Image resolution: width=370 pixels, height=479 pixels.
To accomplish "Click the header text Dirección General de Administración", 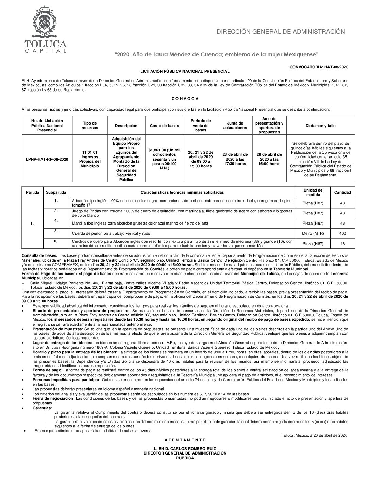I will tap(281, 32).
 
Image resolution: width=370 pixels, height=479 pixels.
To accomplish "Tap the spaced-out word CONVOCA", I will tap(185, 99).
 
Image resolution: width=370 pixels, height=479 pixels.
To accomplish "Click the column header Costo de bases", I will tap(164, 126).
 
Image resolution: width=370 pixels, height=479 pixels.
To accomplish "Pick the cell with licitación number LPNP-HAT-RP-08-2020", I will tap(47, 159).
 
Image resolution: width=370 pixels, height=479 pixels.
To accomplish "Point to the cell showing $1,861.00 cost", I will tap(164, 159).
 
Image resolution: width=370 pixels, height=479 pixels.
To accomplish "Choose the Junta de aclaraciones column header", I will tap(235, 126).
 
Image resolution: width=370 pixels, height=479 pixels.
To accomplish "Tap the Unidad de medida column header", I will tap(313, 192).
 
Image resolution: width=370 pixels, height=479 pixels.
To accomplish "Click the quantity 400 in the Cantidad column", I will tap(342, 233).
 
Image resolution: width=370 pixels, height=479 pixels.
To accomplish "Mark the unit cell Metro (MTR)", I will tap(313, 233).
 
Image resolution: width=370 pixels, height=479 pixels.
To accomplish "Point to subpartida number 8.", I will tap(56, 231).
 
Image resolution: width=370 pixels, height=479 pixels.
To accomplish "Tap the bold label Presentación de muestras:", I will tap(58, 329).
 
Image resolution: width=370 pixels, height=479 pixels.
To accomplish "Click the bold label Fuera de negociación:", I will tap(53, 398).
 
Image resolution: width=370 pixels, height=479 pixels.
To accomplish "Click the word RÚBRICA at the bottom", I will tap(185, 458).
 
